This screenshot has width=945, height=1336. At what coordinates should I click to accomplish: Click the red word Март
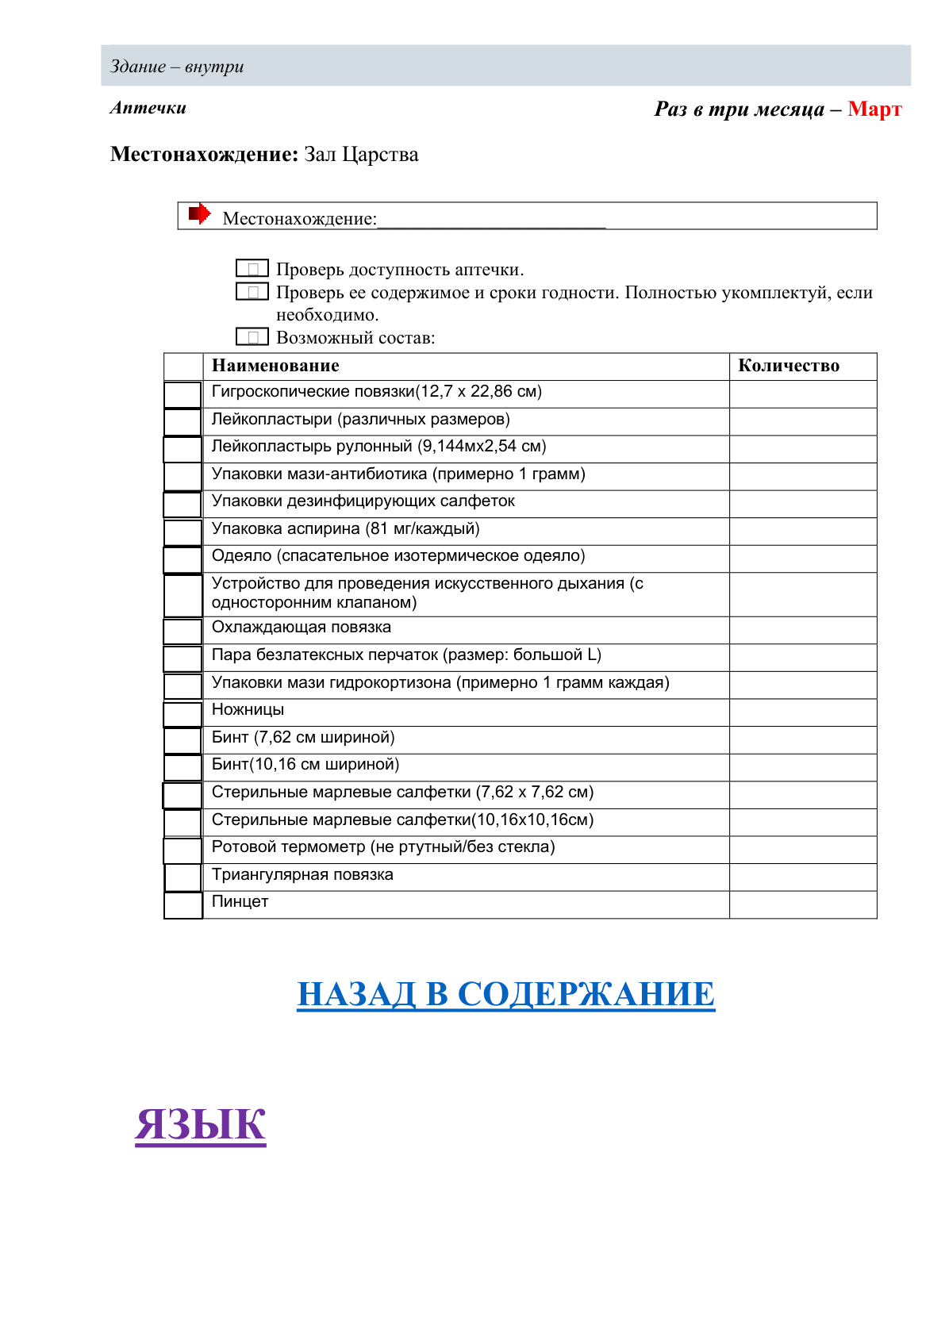point(874,109)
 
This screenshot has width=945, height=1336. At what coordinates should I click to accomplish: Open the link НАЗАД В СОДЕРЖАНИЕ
point(505,993)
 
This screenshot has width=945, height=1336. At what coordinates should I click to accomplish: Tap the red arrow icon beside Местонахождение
point(199,213)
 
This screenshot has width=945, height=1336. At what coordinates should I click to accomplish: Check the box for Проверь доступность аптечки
point(252,269)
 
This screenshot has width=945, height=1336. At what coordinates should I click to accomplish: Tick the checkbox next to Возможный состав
point(252,337)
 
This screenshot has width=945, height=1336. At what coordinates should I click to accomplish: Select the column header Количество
point(788,366)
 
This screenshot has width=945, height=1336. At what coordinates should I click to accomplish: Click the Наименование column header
point(275,366)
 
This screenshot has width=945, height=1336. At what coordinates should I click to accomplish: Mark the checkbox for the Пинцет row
point(182,905)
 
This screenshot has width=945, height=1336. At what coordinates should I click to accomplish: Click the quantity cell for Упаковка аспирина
point(802,531)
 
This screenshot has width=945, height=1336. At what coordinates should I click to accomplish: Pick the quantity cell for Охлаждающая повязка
point(802,630)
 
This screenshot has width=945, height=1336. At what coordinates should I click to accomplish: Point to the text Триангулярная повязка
point(302,874)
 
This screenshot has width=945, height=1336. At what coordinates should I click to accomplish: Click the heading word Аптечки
point(148,108)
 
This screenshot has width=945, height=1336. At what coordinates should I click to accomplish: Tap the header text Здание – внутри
point(177,67)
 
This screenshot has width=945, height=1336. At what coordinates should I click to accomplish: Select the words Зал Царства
point(361,154)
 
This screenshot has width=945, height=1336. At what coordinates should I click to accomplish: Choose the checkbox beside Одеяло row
point(182,559)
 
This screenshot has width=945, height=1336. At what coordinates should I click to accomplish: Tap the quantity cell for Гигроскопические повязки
point(802,394)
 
